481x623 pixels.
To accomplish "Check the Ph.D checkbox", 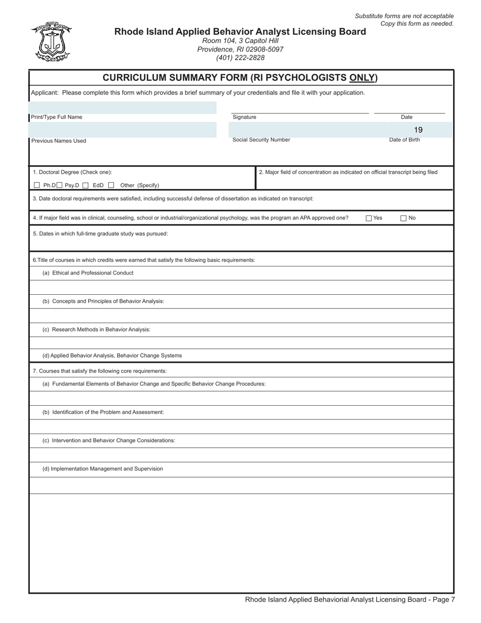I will [36, 185].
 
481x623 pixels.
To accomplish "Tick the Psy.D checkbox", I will [60, 185].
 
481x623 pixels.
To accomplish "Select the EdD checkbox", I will [86, 185].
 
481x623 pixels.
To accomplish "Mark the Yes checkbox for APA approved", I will [369, 218].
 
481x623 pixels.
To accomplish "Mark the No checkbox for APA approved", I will [404, 218].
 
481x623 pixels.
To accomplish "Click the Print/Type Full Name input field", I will [123, 107].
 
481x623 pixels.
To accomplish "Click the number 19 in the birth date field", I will [418, 130].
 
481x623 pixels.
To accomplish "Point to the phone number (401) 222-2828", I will [240, 58].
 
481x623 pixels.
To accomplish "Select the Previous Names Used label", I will [59, 141].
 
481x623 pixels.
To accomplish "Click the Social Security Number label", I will [261, 140].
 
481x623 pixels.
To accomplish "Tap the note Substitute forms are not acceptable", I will [404, 16].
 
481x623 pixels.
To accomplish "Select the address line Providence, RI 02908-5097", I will [240, 49].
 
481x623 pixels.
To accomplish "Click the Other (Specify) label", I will [139, 185].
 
